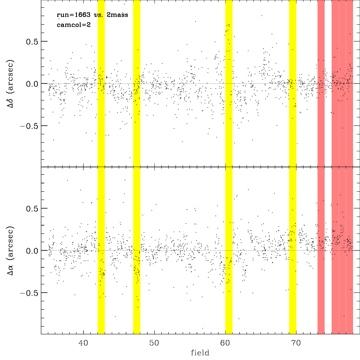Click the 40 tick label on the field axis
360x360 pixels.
[x=83, y=343]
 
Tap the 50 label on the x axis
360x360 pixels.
[x=154, y=343]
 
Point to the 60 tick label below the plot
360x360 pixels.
[x=225, y=343]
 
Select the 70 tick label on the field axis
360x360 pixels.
[x=296, y=343]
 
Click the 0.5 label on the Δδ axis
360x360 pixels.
[x=32, y=42]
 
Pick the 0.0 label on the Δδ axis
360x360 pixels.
[x=32, y=84]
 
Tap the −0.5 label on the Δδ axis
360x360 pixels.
[x=29, y=126]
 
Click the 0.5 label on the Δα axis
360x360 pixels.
[x=32, y=208]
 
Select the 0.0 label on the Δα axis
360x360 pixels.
[x=32, y=251]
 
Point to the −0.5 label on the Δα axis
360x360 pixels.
[x=29, y=293]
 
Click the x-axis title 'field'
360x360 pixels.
[x=200, y=353]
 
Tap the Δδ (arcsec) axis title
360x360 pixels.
[x=10, y=83]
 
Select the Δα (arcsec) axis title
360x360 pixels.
[x=10, y=250]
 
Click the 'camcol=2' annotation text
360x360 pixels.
[x=74, y=25]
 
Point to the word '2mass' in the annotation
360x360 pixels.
[x=117, y=15]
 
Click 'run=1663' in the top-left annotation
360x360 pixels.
[x=73, y=15]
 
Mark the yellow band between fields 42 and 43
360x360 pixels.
[x=101, y=167]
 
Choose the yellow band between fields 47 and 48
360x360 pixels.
[x=137, y=167]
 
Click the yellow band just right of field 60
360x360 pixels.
[x=229, y=167]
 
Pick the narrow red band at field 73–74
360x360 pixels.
[x=321, y=167]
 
